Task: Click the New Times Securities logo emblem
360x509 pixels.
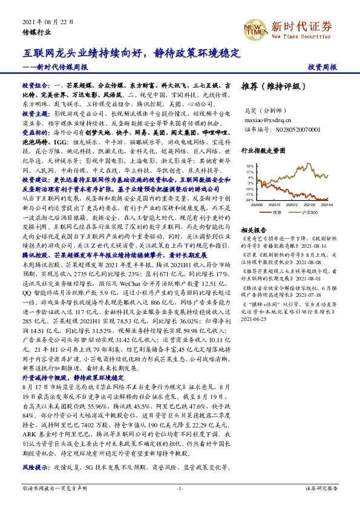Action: tap(257, 28)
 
